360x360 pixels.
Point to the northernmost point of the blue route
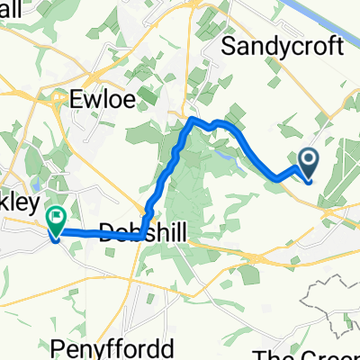[192, 118]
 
